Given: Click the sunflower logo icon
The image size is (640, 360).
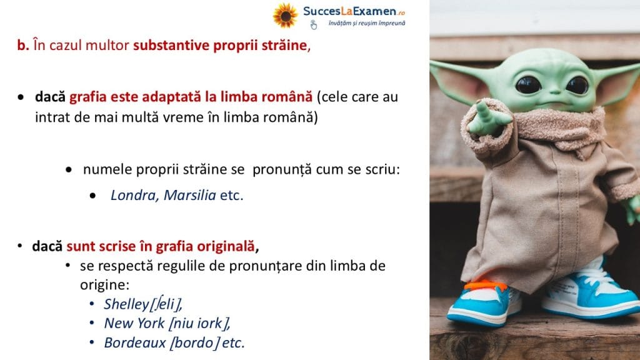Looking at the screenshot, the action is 285,15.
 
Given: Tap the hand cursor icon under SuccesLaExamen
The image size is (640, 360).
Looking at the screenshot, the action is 314,24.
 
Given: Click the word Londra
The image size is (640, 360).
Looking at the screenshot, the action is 134,195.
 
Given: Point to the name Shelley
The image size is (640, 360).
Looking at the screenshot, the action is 126,304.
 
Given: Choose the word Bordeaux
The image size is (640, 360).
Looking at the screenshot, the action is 135,342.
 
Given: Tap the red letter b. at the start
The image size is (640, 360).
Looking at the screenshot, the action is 23,45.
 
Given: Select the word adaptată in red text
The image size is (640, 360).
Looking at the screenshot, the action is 171,97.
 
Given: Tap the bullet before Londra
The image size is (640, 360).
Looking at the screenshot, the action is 92,196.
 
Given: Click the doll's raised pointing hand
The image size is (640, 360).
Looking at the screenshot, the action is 487,119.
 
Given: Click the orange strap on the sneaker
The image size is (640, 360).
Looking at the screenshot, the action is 485,285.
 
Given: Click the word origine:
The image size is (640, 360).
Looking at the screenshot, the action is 104,285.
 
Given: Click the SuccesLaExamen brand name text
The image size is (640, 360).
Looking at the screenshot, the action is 349,11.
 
